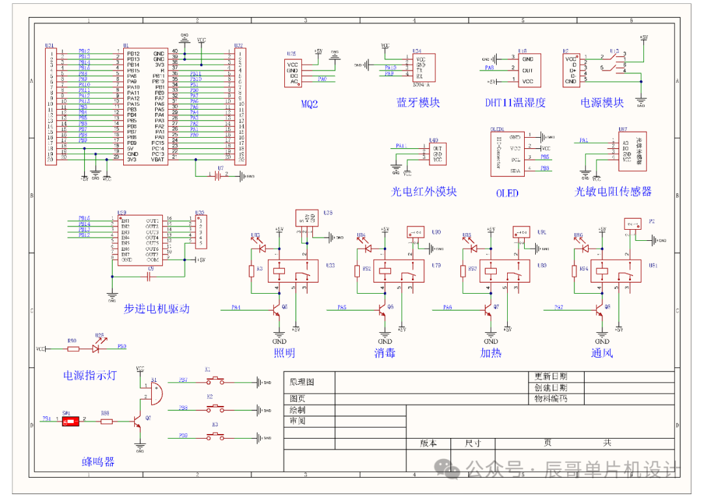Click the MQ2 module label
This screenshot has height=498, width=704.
pos(310,104)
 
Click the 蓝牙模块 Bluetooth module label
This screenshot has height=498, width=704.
pos(418,103)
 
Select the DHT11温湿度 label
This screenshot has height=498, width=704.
pos(515,103)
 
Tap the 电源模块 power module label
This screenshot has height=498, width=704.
pos(602,102)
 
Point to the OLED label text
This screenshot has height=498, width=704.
pos(507,193)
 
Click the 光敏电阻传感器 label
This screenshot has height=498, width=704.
pos(613,191)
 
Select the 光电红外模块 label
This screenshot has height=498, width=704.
pos(424,191)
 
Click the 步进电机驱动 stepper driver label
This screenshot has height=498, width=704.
pos(156,309)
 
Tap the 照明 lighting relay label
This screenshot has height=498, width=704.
pos(284,353)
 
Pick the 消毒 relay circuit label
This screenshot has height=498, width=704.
pos(385,353)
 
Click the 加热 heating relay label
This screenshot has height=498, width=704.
pos(491,353)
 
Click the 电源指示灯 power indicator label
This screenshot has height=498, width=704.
pos(89,375)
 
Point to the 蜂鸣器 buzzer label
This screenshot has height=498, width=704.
pos(98,461)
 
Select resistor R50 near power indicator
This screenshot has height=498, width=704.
pos(73,349)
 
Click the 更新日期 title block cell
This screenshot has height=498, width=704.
pos(550,377)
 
